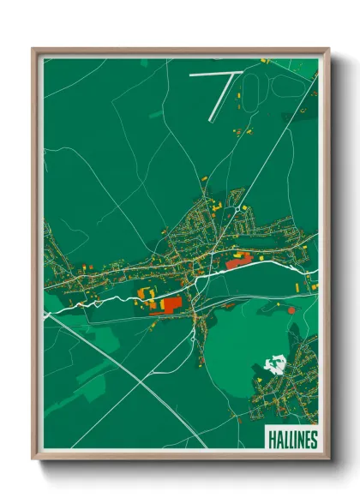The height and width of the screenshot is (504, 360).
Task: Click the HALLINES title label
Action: click(x=291, y=439)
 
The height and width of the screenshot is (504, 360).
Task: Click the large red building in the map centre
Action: click(x=169, y=304)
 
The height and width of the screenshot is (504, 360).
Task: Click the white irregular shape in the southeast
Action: click(x=274, y=364)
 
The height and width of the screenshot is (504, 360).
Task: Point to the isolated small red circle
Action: click(x=291, y=309)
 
